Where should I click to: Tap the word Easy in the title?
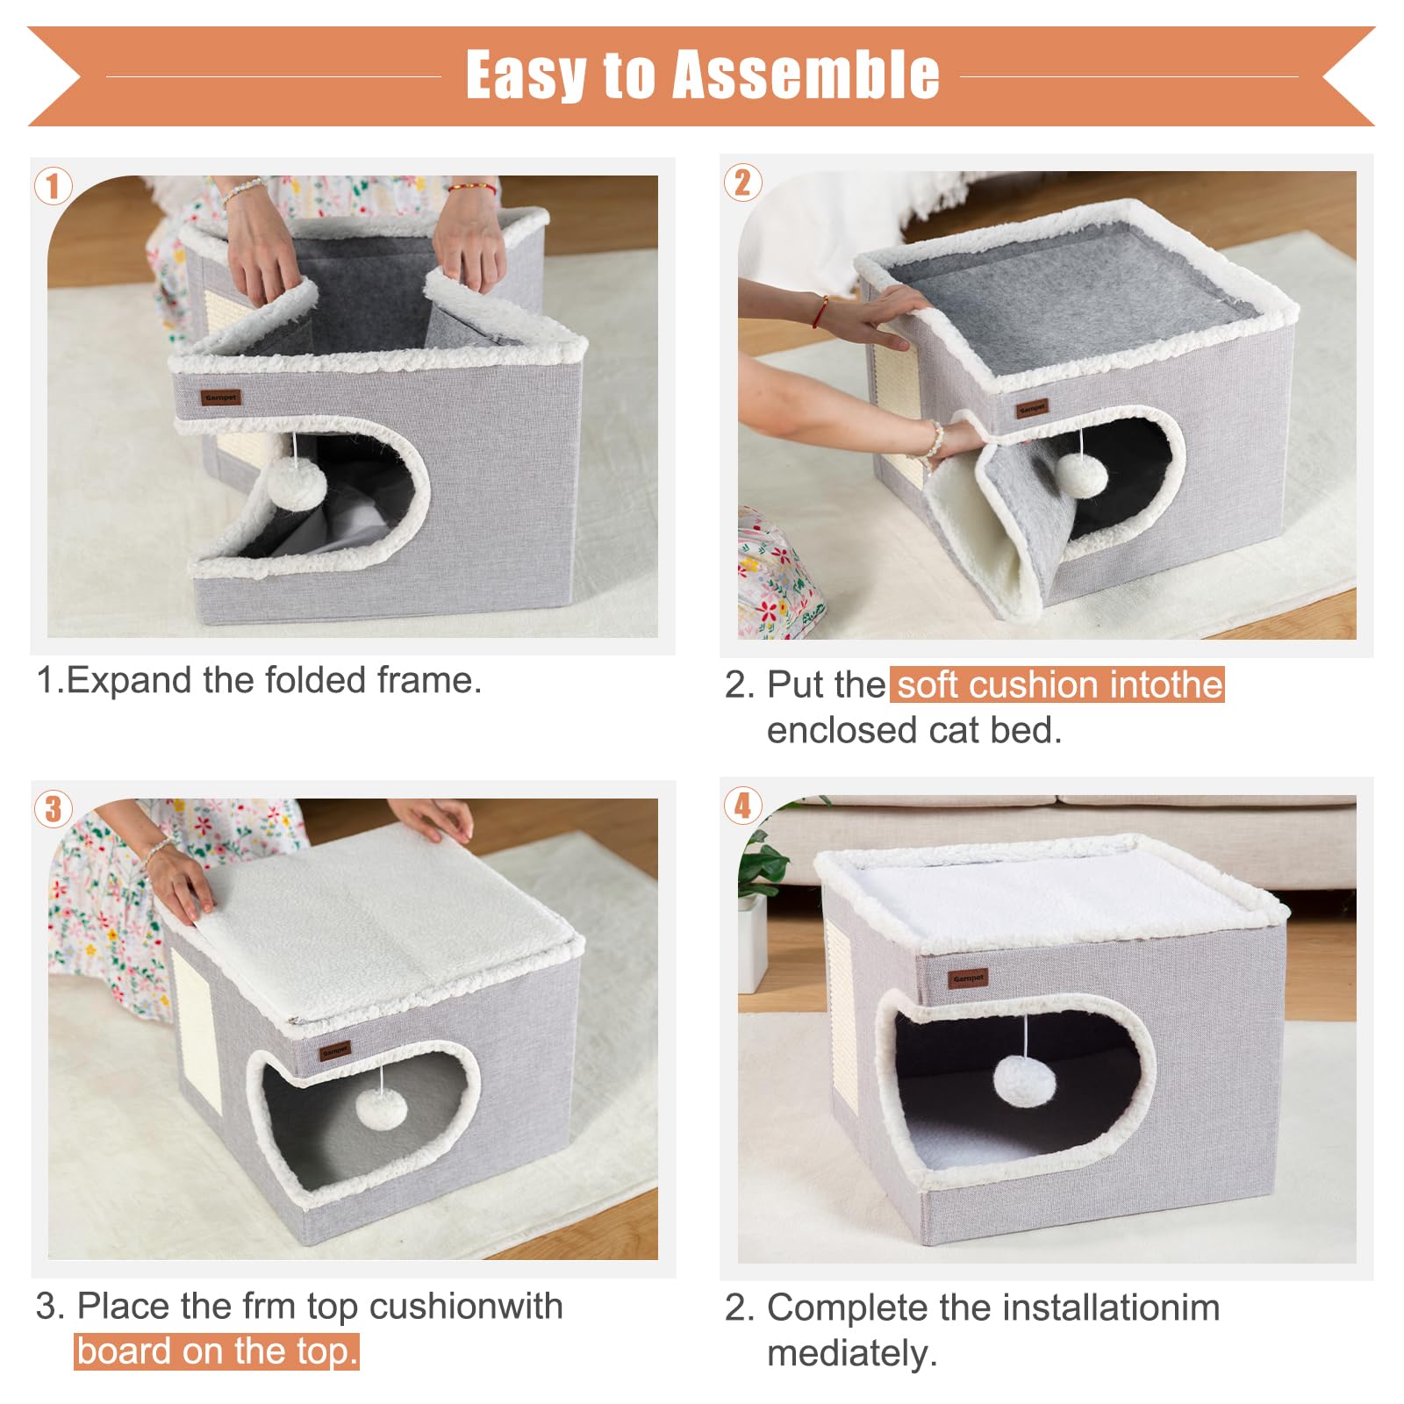click(x=526, y=75)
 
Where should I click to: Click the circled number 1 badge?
click(x=54, y=186)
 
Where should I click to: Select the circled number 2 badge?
click(x=743, y=183)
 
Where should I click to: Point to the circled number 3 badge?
click(x=54, y=808)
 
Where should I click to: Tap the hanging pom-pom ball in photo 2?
click(x=1081, y=475)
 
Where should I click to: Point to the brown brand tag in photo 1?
click(x=220, y=398)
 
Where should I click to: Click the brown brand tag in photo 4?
click(x=968, y=978)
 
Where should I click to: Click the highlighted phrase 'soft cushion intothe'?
click(x=1058, y=684)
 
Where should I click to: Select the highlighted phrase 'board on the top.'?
click(x=217, y=1351)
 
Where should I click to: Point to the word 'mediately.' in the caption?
click(x=852, y=1353)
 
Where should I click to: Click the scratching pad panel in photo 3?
click(x=196, y=1031)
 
